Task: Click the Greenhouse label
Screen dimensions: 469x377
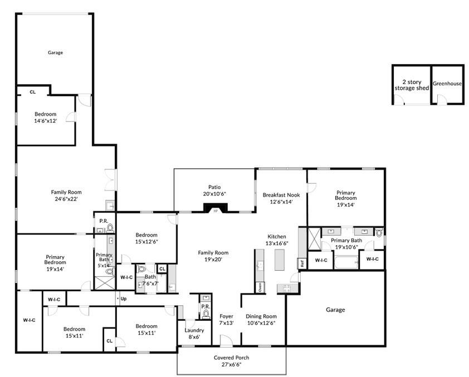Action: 447,84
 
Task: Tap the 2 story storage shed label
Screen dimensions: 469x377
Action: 412,85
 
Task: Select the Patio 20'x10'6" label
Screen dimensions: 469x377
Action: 214,190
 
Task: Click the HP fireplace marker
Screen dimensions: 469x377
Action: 216,210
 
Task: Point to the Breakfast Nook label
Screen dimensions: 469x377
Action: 281,195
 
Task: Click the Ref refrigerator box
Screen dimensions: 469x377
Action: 302,263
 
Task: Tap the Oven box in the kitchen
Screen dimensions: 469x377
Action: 260,287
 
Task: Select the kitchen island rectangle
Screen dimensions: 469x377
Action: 280,260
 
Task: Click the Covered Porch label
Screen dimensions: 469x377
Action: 232,358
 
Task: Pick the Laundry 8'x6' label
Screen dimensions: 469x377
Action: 194,334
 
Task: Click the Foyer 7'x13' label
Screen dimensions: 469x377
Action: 226,319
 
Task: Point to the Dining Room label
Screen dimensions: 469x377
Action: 261,316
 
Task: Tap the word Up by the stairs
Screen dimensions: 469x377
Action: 124,298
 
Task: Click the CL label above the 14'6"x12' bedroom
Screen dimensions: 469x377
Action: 33,92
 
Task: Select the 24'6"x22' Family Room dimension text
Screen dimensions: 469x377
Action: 66,199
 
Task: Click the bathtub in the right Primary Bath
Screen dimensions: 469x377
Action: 346,262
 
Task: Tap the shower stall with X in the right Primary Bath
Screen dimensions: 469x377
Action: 314,238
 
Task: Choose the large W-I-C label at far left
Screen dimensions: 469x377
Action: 29,320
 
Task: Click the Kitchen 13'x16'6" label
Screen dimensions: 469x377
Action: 277,240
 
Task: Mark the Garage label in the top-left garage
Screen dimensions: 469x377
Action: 55,52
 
